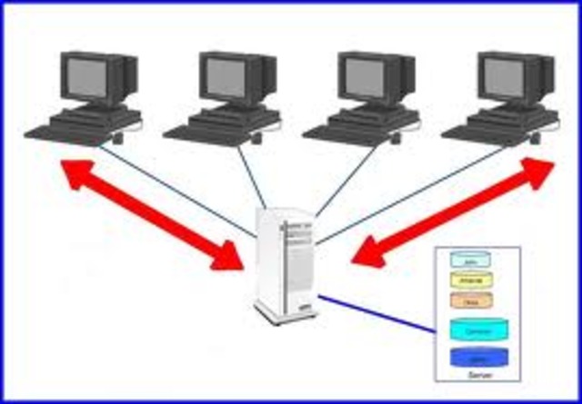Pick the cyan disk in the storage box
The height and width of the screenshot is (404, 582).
click(x=477, y=328)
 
